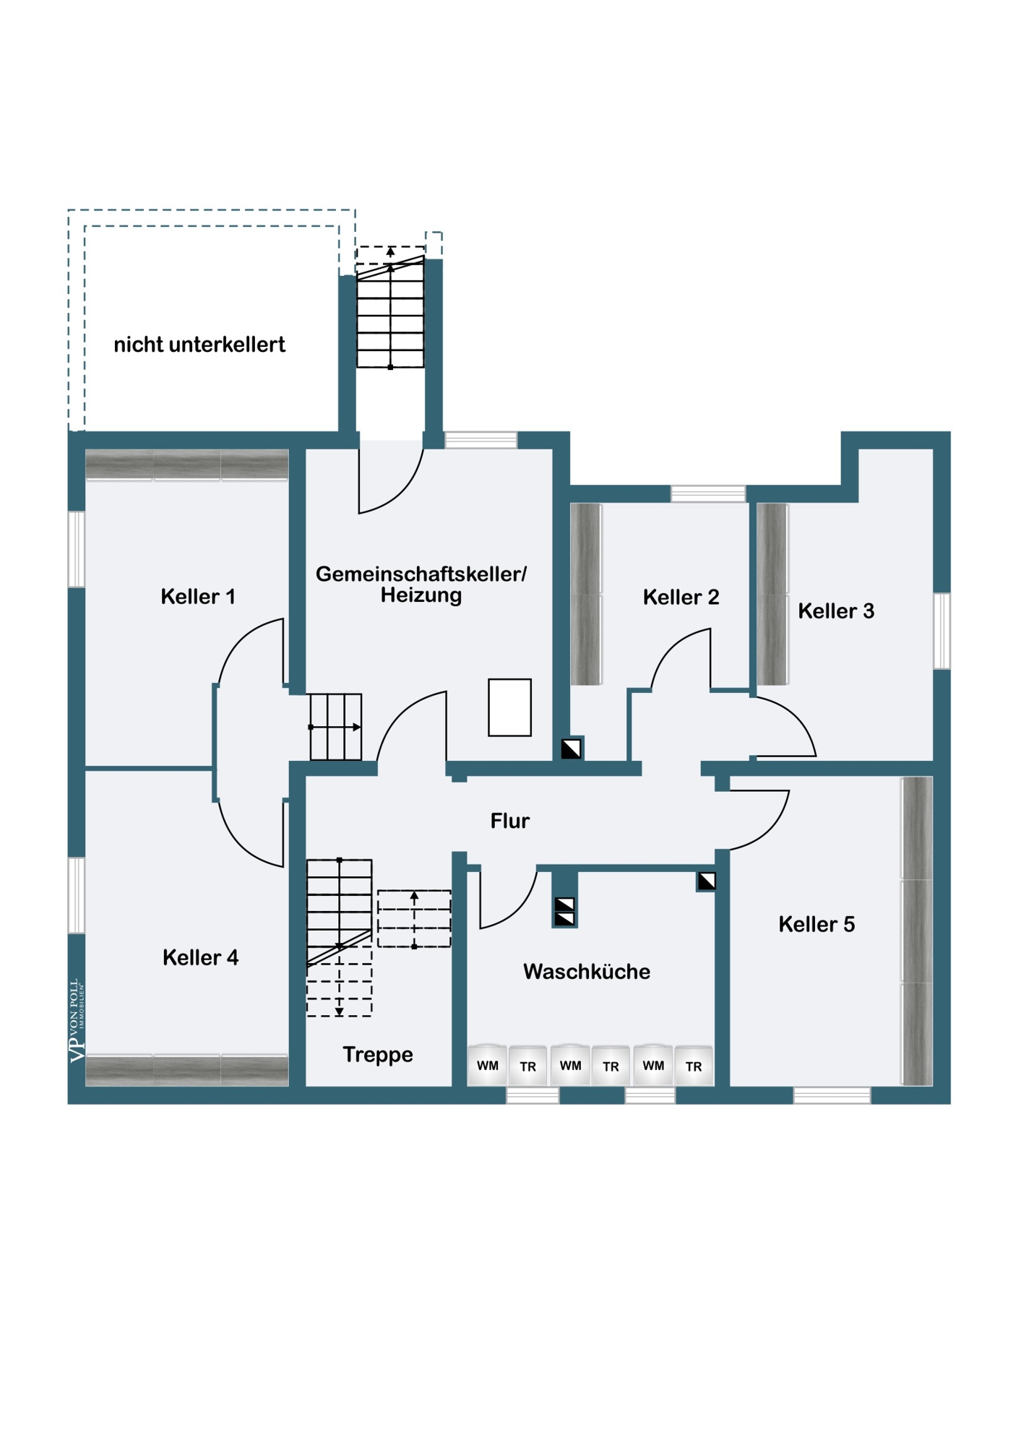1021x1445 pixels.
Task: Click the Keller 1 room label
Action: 198,597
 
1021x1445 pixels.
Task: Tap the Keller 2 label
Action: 681,598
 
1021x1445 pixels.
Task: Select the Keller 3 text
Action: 836,611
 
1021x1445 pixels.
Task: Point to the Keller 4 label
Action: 200,958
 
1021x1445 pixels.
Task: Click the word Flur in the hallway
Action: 510,821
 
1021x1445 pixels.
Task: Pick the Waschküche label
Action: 587,972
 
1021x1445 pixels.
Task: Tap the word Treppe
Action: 378,1055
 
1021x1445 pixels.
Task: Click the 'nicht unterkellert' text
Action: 199,345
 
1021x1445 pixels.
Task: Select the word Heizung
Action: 421,595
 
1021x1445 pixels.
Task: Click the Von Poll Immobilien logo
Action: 77,1020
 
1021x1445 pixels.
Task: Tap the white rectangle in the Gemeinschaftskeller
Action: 510,707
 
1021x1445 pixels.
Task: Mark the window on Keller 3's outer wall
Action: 942,631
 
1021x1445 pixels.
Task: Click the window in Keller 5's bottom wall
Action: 832,1096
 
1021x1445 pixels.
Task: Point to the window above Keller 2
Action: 708,494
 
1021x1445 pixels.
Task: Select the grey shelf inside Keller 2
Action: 586,594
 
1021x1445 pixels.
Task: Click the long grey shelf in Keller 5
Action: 917,931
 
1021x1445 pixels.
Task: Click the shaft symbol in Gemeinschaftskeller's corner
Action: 572,749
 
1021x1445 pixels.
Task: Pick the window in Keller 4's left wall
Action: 77,895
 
